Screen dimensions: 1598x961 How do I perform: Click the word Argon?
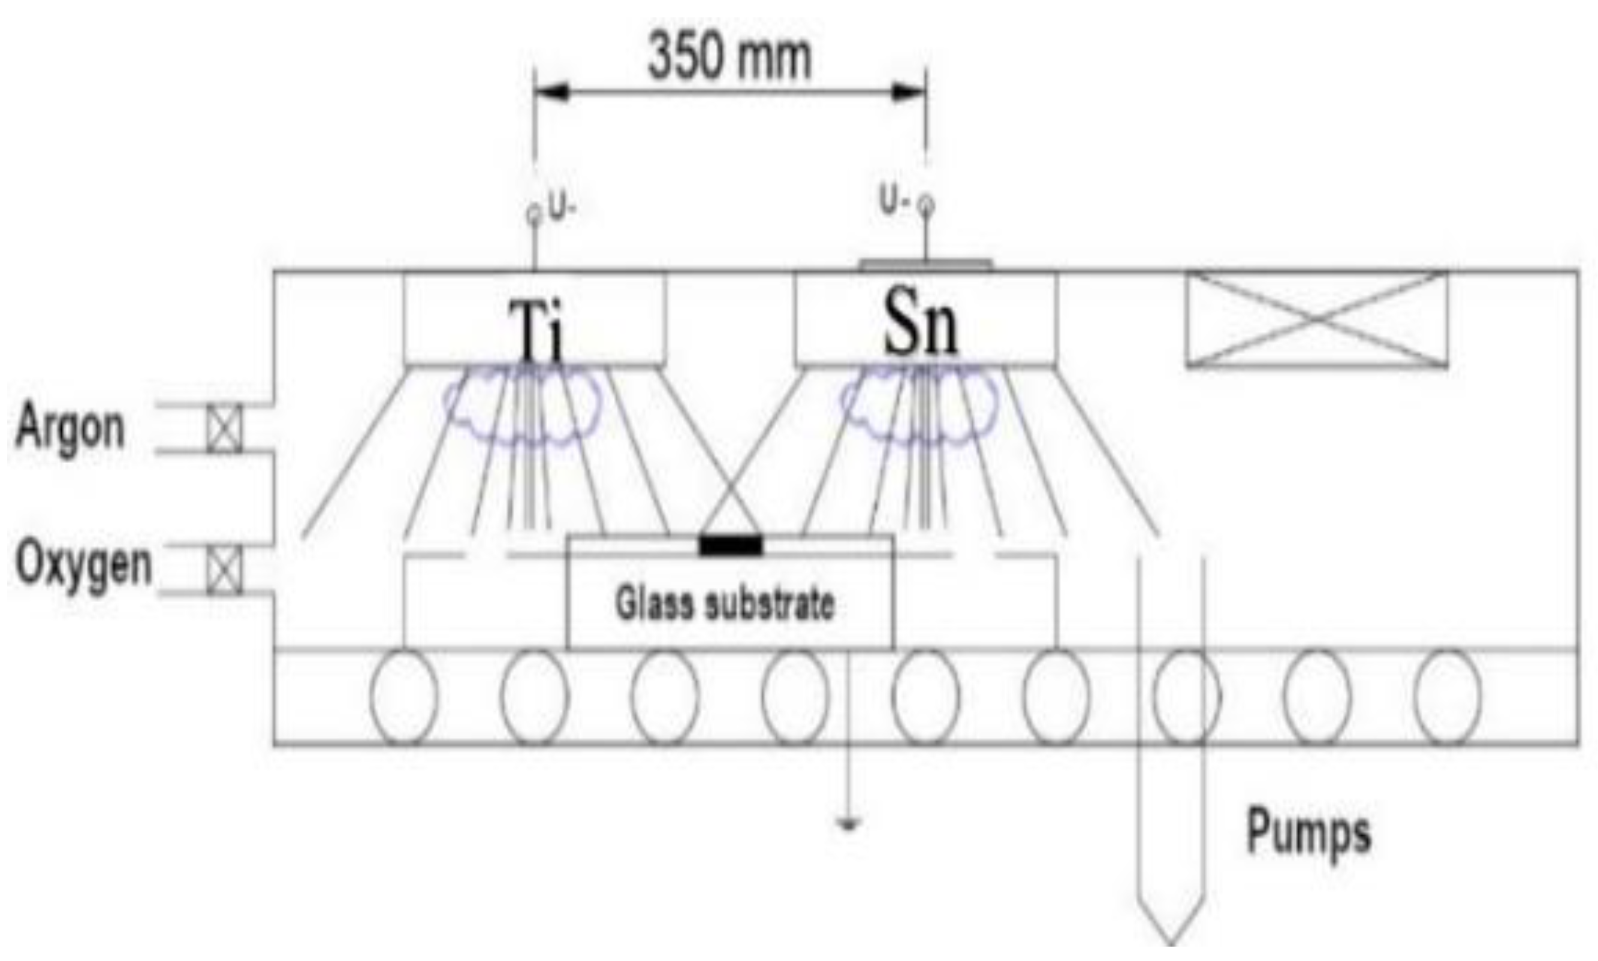point(70,427)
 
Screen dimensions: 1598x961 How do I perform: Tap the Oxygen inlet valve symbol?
point(224,569)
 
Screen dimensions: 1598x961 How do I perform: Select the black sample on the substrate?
point(731,546)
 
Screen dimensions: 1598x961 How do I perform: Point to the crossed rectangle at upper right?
point(1316,319)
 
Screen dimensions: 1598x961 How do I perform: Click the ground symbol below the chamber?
point(848,825)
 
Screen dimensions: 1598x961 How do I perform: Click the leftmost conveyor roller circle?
point(404,697)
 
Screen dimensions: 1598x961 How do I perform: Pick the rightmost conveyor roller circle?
point(1448,697)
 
